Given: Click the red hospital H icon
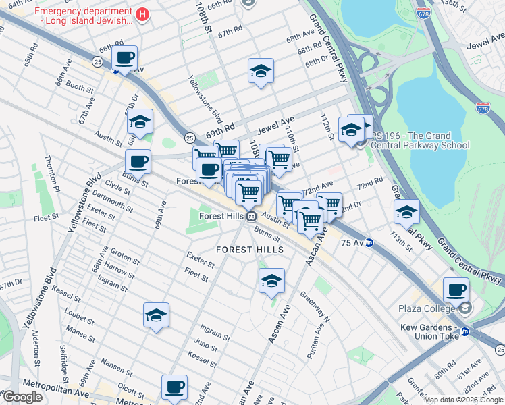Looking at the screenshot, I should click(142, 15).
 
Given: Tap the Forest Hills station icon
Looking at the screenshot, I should click(250, 216).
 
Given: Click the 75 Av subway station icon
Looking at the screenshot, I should click(369, 244).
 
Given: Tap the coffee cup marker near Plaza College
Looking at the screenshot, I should click(456, 290).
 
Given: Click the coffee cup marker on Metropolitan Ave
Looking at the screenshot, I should click(174, 387).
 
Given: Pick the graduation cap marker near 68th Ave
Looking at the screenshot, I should click(261, 72).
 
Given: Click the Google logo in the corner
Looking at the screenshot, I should click(22, 397).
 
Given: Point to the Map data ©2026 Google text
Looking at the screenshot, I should click(463, 400).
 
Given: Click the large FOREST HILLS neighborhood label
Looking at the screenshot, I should click(249, 250).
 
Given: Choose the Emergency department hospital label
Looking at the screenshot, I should click(84, 16).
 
